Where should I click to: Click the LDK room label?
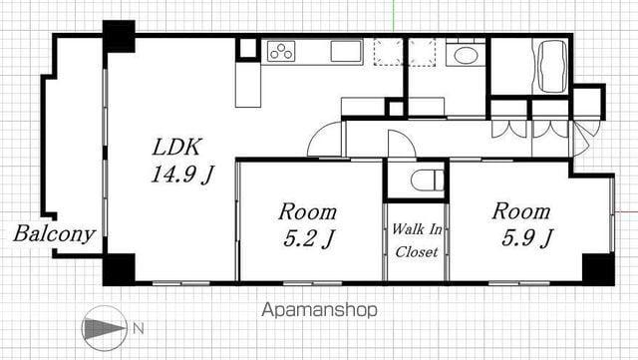[x=177, y=148]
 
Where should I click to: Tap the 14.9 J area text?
[x=181, y=175]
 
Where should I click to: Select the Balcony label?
[x=54, y=234]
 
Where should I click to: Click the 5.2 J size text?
[x=309, y=238]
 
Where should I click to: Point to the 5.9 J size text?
[x=527, y=237]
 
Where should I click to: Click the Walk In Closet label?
[x=417, y=240]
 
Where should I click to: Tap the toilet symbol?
[x=427, y=180]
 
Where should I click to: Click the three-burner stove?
[x=281, y=51]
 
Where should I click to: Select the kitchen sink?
[x=346, y=51]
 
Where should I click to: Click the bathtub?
[x=552, y=67]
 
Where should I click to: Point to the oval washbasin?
[x=466, y=56]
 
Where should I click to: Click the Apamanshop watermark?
[x=319, y=310]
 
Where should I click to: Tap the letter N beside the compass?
[x=139, y=328]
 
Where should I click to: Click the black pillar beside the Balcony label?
[x=119, y=269]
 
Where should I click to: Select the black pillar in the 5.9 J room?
[x=598, y=269]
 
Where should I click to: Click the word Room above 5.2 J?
[x=308, y=212]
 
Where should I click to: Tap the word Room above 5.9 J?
[x=521, y=211]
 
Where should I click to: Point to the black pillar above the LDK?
[x=119, y=36]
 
